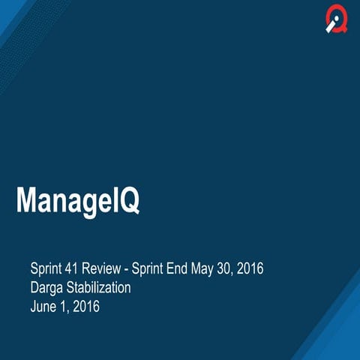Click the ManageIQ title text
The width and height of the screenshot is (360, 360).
(78, 201)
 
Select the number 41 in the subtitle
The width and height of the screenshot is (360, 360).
(76, 268)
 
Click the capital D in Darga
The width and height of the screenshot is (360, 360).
(35, 287)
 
